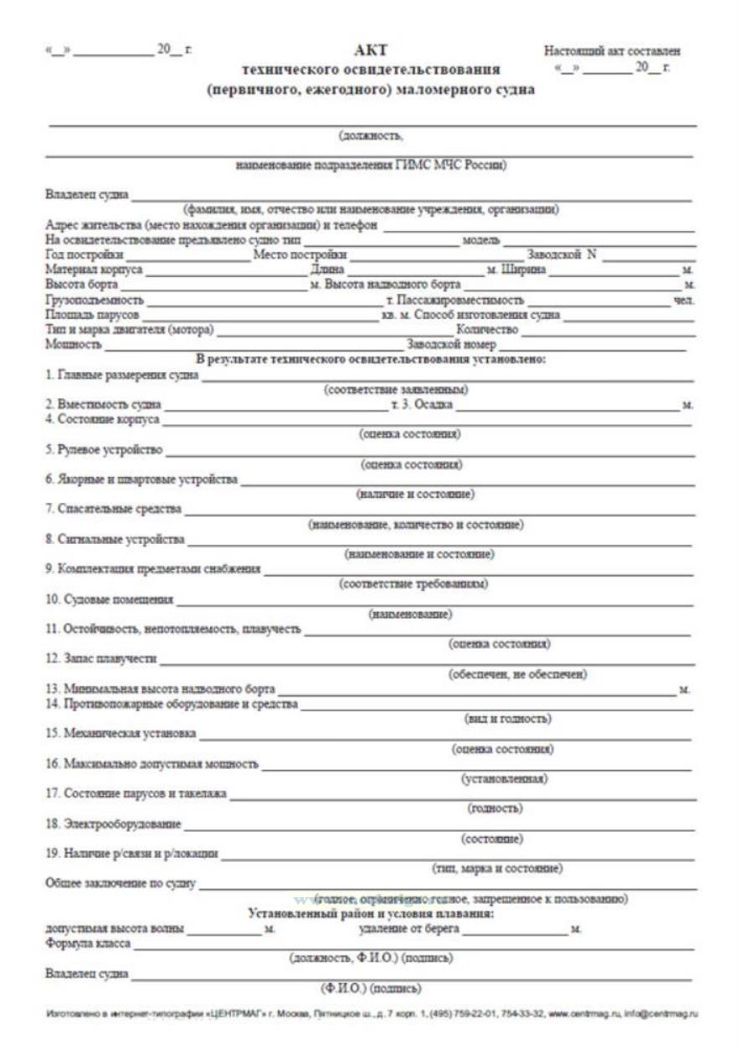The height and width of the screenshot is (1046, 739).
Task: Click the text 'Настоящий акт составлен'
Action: (612, 51)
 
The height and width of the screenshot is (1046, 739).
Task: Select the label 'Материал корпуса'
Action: (94, 270)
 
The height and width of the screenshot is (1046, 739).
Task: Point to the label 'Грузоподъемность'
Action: (94, 300)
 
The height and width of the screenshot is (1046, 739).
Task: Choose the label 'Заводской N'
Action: (562, 255)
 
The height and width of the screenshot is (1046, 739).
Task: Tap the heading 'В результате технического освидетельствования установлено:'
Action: (371, 359)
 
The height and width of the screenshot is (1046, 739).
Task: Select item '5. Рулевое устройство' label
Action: (104, 451)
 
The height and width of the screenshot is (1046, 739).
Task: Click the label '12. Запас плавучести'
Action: (100, 659)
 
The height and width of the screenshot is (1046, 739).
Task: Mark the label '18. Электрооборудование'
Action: (112, 825)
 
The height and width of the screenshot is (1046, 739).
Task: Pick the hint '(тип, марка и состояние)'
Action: (497, 868)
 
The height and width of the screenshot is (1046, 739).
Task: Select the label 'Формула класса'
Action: (87, 945)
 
